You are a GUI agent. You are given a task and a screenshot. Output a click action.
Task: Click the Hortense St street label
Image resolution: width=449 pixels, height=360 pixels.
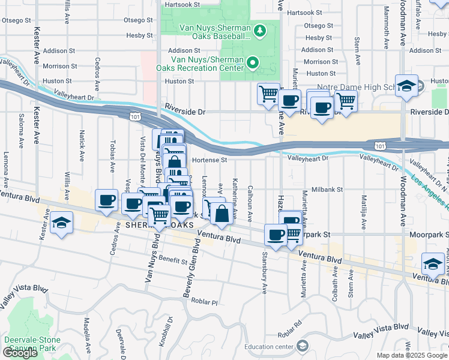point(210,160)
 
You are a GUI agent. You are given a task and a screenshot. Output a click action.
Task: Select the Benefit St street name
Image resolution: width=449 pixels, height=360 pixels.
point(174,260)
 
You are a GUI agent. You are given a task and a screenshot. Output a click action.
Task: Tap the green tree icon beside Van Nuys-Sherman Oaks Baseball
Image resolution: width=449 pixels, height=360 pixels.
point(260,29)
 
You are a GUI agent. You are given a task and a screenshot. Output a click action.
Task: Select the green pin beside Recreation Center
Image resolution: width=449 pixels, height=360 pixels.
point(253,62)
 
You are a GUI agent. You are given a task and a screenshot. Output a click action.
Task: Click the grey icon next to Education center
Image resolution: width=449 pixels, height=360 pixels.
point(302,346)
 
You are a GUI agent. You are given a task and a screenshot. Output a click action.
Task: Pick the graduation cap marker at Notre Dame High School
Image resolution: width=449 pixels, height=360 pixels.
point(406,85)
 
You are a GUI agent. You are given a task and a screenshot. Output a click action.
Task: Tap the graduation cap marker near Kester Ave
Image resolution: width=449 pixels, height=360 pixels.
point(60,223)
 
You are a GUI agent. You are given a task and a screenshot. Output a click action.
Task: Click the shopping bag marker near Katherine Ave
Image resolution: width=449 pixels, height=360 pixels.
point(221,214)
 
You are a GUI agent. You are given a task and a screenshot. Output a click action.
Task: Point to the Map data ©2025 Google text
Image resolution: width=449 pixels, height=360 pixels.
point(411,355)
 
